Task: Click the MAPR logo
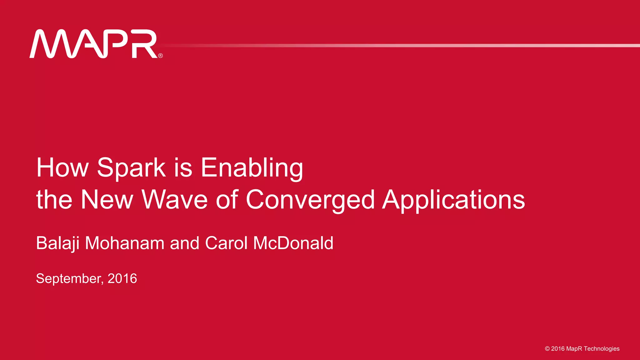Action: (94, 44)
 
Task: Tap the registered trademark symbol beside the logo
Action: (161, 56)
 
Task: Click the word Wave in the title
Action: (175, 200)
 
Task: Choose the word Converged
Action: (310, 200)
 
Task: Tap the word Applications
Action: (453, 200)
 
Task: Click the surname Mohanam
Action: (125, 243)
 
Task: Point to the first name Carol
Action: (226, 243)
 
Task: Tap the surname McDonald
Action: (293, 243)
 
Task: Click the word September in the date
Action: (69, 278)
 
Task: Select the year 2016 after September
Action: (122, 278)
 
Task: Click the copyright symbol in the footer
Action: (547, 349)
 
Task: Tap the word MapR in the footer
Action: (574, 349)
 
